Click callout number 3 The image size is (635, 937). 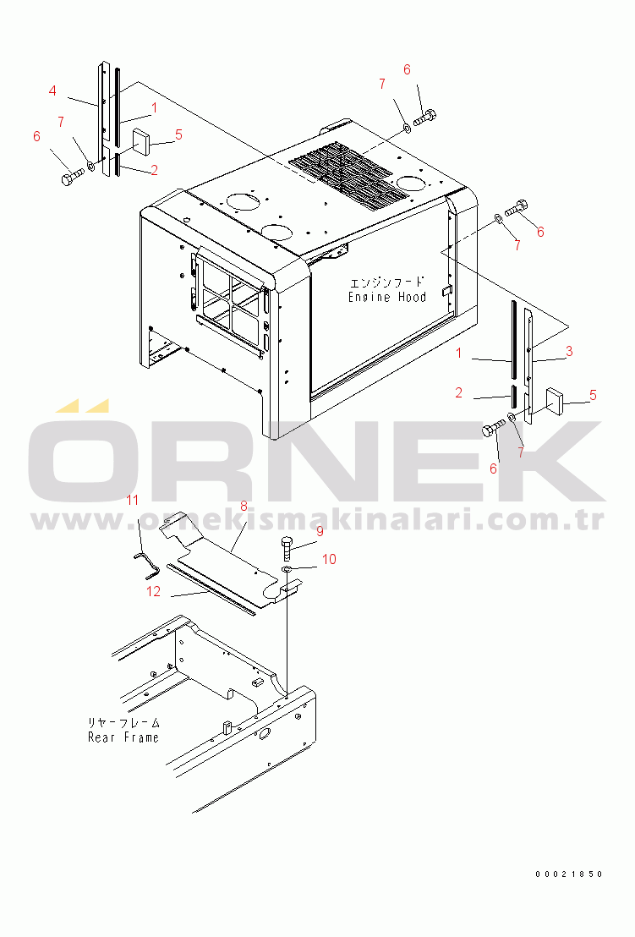coord(569,352)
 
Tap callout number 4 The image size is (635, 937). coord(52,90)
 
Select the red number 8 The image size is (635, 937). coord(244,507)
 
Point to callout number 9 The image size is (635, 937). coord(320,531)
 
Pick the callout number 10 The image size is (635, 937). coord(329,559)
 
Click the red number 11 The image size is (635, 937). coord(132,500)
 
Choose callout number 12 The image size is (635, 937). coord(154,592)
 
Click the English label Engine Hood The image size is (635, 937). coord(387,297)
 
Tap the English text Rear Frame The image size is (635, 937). coord(123,737)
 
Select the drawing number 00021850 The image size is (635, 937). coord(569,874)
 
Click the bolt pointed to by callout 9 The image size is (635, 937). coord(287,547)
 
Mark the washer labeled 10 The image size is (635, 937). coord(287,568)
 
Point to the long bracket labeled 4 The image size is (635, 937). coord(104,118)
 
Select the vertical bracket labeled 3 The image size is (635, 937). coord(528,365)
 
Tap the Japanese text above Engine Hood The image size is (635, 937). coord(387,282)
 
